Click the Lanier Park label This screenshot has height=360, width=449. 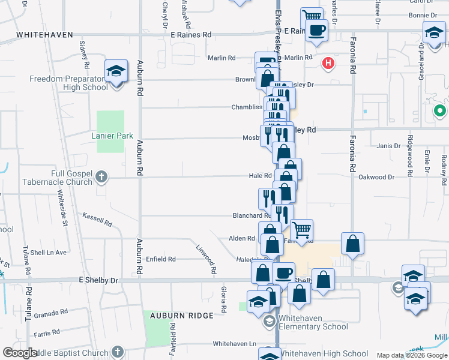(112, 136)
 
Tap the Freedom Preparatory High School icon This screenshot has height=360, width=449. (115, 72)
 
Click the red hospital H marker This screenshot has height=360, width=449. (328, 62)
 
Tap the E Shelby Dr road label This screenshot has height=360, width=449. (99, 280)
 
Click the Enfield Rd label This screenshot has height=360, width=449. (161, 259)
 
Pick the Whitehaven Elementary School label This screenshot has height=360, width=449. (312, 326)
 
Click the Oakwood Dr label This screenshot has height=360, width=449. (376, 177)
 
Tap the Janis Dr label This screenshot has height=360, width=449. (388, 146)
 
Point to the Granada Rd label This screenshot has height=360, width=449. (50, 314)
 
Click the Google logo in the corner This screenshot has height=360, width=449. (20, 353)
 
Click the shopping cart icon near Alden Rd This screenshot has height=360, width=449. (301, 229)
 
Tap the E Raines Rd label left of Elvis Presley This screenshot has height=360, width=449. (190, 35)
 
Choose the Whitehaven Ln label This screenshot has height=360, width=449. (235, 344)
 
